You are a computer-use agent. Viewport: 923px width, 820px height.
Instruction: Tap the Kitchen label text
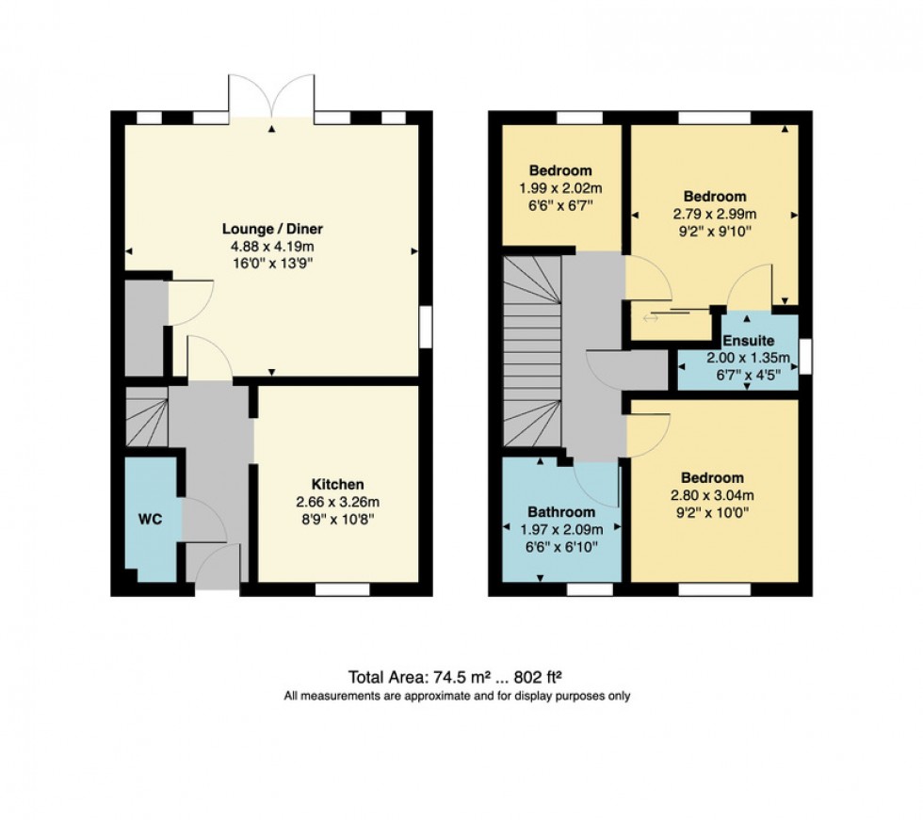(x=340, y=484)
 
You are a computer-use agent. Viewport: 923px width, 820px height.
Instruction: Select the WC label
(x=150, y=520)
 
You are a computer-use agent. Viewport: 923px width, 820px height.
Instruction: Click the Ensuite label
(x=749, y=341)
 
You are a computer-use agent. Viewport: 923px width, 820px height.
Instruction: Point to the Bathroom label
(x=559, y=512)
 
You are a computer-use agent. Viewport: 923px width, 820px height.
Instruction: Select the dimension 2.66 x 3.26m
(x=340, y=501)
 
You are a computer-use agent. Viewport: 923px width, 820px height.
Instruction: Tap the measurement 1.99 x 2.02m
(x=560, y=188)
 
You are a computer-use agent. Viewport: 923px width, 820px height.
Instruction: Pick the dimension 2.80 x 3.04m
(x=715, y=496)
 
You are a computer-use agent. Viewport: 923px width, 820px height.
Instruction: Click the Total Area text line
(x=456, y=676)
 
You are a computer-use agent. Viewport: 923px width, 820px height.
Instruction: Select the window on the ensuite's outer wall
(x=804, y=356)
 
